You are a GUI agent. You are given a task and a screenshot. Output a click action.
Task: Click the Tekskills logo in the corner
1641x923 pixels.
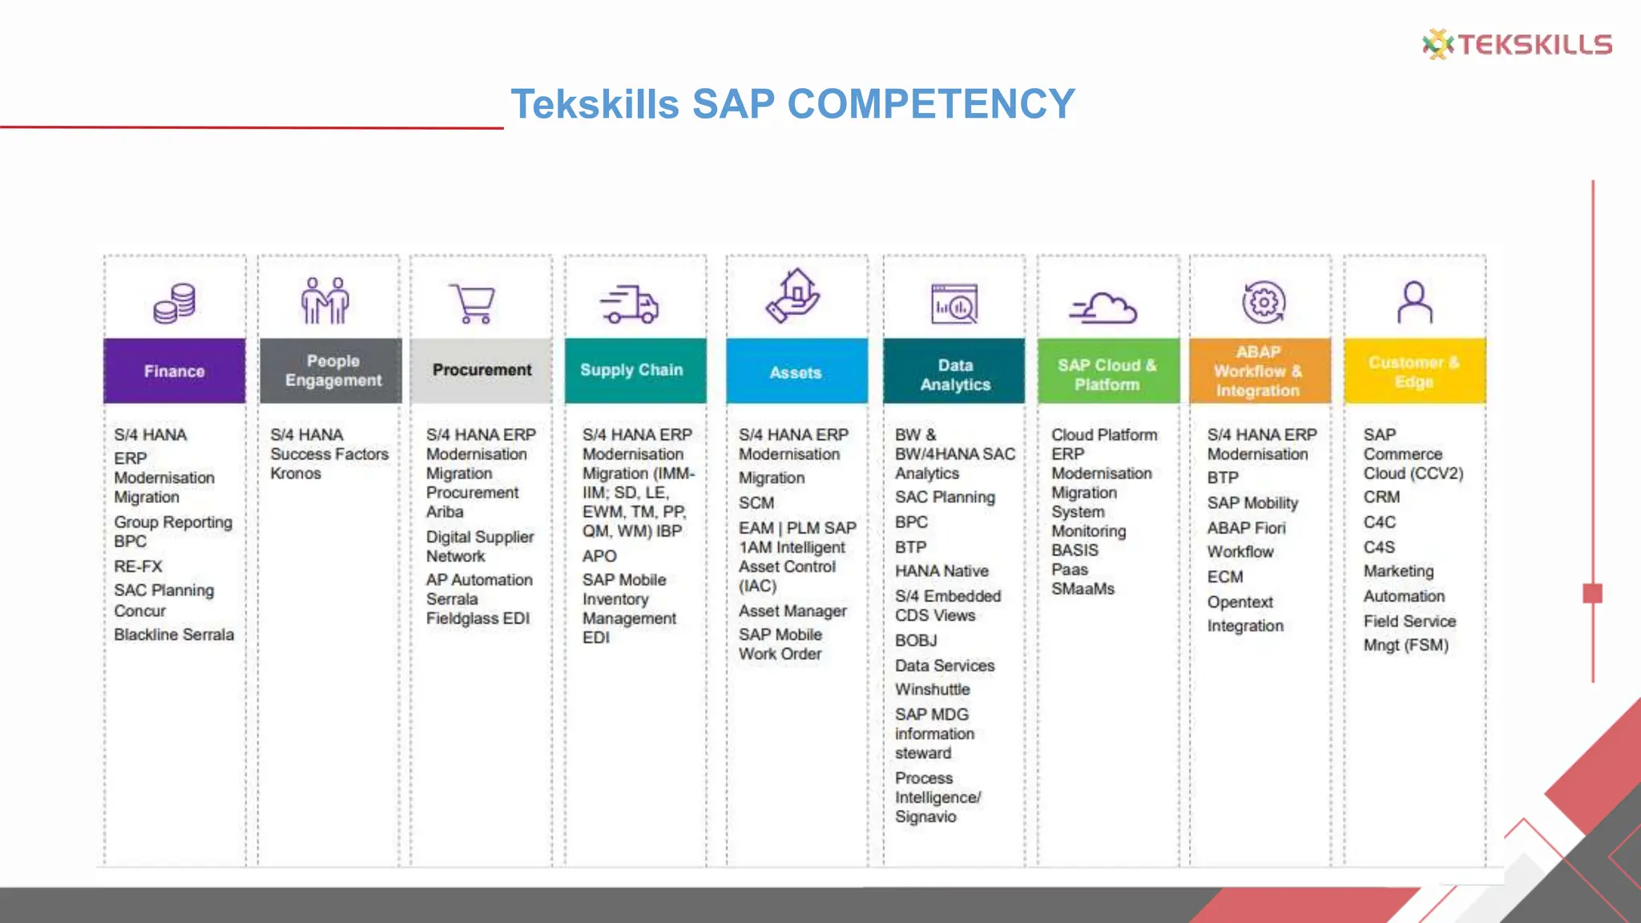pyautogui.click(x=1517, y=44)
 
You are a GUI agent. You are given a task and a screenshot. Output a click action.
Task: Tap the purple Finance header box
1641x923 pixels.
pyautogui.click(x=175, y=371)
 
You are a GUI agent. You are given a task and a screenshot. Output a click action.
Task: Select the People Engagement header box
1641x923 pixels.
pyautogui.click(x=331, y=371)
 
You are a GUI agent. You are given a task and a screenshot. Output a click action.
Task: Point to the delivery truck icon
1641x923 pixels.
pyautogui.click(x=630, y=304)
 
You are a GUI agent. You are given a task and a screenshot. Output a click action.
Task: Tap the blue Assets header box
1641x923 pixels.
pyautogui.click(x=796, y=372)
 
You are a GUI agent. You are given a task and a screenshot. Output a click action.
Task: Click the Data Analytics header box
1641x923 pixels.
pyautogui.click(x=954, y=373)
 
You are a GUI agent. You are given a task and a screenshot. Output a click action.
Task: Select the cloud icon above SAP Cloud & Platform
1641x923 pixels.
pyautogui.click(x=1103, y=308)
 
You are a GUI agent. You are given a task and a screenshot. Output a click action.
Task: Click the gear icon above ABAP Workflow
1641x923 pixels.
pyautogui.click(x=1264, y=303)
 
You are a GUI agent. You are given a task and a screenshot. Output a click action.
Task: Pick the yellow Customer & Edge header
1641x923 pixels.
pyautogui.click(x=1414, y=372)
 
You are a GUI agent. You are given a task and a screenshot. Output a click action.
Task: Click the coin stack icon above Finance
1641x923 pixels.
pyautogui.click(x=175, y=304)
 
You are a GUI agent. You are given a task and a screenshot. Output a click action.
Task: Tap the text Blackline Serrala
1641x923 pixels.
pyautogui.click(x=174, y=635)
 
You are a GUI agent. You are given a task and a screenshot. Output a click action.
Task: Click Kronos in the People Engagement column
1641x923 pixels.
pyautogui.click(x=296, y=474)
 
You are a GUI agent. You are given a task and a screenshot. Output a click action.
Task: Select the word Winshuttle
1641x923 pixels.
pyautogui.click(x=932, y=690)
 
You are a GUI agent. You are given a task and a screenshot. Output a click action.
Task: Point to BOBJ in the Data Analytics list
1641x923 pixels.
pyautogui.click(x=916, y=641)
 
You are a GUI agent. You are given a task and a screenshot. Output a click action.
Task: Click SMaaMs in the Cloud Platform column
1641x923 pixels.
pyautogui.click(x=1083, y=589)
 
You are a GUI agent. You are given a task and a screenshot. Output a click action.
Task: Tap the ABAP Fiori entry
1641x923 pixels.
pyautogui.click(x=1246, y=528)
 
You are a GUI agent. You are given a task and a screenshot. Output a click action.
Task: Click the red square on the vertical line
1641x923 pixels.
pyautogui.click(x=1592, y=594)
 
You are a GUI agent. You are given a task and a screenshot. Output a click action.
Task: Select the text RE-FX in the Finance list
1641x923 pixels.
pyautogui.click(x=138, y=566)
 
